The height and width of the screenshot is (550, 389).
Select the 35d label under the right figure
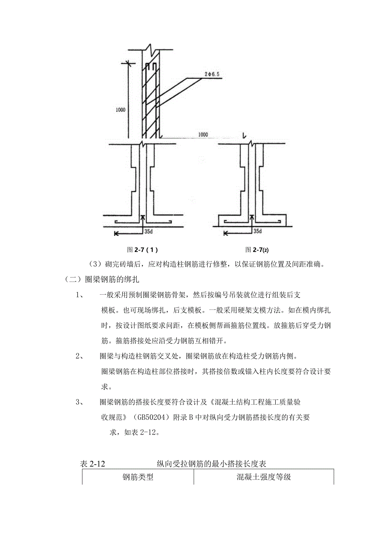tap(257, 232)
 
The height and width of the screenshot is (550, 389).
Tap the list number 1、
tap(81, 295)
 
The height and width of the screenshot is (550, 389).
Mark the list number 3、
tap(81, 402)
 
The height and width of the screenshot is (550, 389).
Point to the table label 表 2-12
tap(92, 464)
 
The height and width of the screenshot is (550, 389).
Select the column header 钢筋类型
tap(138, 478)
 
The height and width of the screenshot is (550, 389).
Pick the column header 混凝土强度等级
tap(264, 478)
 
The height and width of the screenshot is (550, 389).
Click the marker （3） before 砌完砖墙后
tap(96, 265)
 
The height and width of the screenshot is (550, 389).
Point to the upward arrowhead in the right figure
tap(252, 218)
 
